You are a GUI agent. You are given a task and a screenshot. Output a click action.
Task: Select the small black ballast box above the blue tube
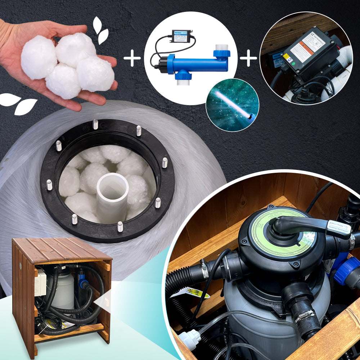[x=181, y=36]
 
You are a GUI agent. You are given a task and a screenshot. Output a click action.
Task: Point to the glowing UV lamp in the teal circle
[x=233, y=104]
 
